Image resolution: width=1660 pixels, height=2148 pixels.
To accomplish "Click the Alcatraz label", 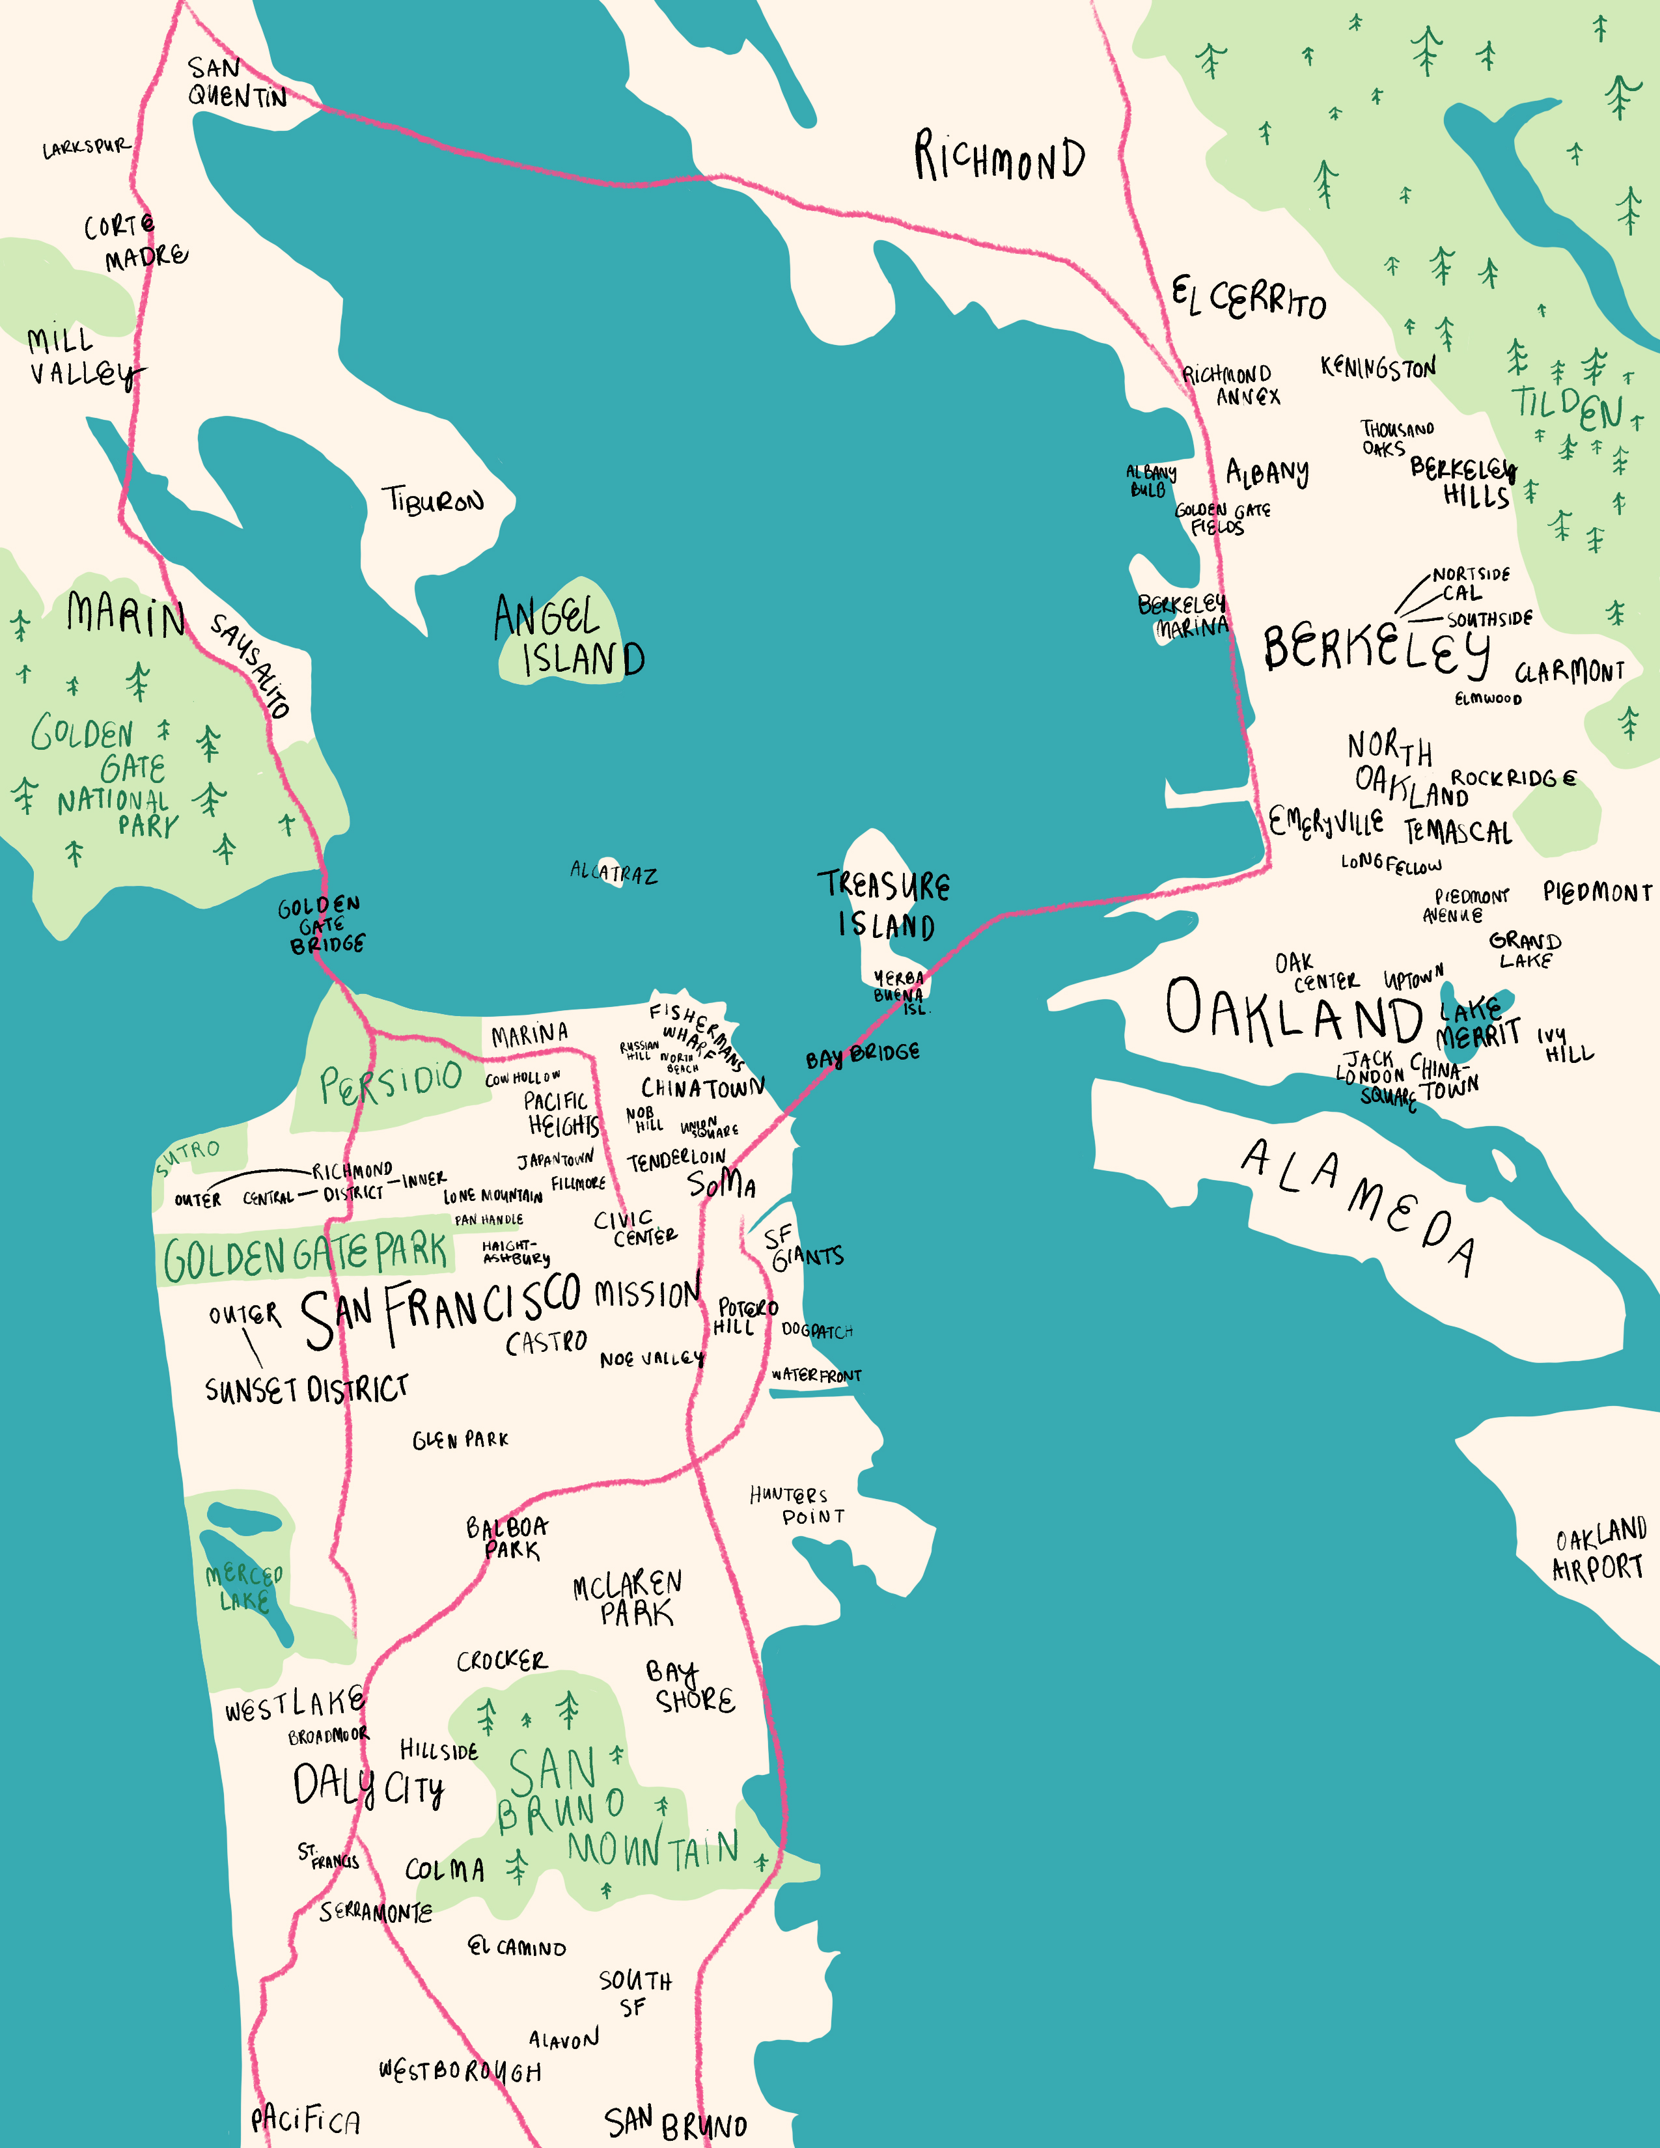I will pyautogui.click(x=614, y=872).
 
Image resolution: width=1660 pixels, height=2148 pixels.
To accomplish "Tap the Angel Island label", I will pyautogui.click(x=568, y=637).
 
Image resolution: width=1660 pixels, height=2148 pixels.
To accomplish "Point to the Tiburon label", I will pyautogui.click(x=434, y=501).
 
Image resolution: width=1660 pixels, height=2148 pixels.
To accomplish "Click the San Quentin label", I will pyautogui.click(x=236, y=83).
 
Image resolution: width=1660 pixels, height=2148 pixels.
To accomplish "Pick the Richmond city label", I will pyautogui.click(x=999, y=158).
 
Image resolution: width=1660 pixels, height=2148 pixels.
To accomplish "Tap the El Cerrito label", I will pyautogui.click(x=1247, y=297).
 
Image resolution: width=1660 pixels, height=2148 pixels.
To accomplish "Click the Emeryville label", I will pyautogui.click(x=1325, y=822).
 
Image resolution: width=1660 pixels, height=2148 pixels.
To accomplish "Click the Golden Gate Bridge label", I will pyautogui.click(x=320, y=924).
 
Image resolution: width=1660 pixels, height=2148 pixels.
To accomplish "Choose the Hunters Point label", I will pyautogui.click(x=797, y=1506).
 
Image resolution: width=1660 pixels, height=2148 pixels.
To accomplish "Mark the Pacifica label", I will pyautogui.click(x=305, y=2119).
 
